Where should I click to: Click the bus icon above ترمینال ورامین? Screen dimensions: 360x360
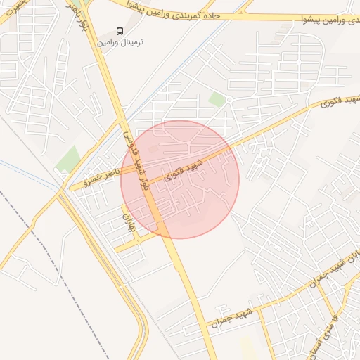[x=120, y=32]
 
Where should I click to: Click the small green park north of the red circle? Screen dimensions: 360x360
[x=217, y=99]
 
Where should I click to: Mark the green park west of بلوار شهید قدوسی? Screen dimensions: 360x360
[x=68, y=159]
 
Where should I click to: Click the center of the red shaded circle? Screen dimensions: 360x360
[x=180, y=179]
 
